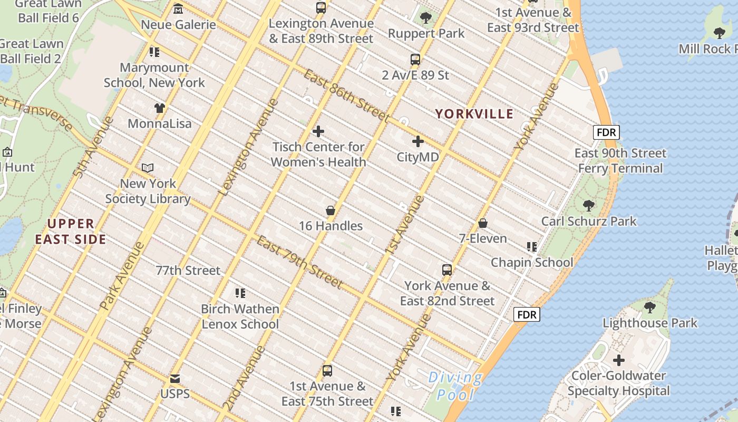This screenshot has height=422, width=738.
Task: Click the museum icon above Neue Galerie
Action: pyautogui.click(x=178, y=9)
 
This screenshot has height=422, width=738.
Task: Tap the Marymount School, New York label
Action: pyautogui.click(x=154, y=75)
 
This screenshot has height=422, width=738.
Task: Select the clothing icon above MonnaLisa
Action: pyautogui.click(x=160, y=108)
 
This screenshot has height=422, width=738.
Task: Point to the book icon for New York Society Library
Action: pyautogui.click(x=148, y=168)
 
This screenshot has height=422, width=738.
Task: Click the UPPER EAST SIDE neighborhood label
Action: pyautogui.click(x=71, y=232)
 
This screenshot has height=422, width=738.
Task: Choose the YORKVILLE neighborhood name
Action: pyautogui.click(x=474, y=114)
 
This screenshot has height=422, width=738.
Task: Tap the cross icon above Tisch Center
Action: pyautogui.click(x=318, y=131)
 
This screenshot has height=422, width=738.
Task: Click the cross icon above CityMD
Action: pyautogui.click(x=418, y=141)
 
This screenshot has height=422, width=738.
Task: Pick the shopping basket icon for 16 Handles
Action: pyautogui.click(x=331, y=210)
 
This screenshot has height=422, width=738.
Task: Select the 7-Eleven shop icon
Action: pyautogui.click(x=483, y=223)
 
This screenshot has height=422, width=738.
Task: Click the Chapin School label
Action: pyautogui.click(x=531, y=262)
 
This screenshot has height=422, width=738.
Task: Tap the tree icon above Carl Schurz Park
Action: pyautogui.click(x=589, y=206)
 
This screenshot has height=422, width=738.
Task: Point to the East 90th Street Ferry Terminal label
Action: pyautogui.click(x=620, y=161)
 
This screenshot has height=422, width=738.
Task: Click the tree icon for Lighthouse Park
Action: pyautogui.click(x=650, y=307)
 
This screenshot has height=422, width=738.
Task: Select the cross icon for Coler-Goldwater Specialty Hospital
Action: pyautogui.click(x=619, y=360)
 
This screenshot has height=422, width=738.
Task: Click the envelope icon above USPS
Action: pyautogui.click(x=175, y=379)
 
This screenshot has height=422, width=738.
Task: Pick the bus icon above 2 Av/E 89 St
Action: pyautogui.click(x=415, y=60)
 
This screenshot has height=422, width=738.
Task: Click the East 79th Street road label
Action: pyautogui.click(x=299, y=262)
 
